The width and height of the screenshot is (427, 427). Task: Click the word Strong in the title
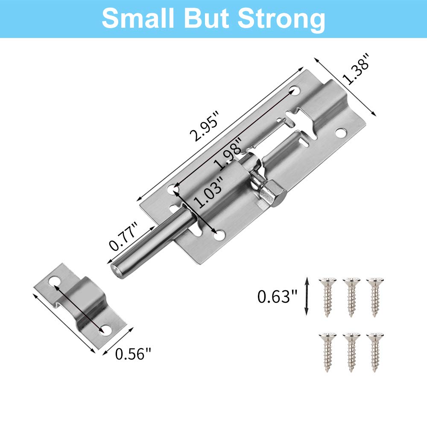click(x=281, y=18)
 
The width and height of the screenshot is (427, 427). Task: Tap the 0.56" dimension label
click(x=133, y=354)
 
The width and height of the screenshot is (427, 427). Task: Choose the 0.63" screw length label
click(x=277, y=296)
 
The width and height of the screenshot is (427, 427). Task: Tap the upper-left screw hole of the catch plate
click(x=53, y=281)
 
